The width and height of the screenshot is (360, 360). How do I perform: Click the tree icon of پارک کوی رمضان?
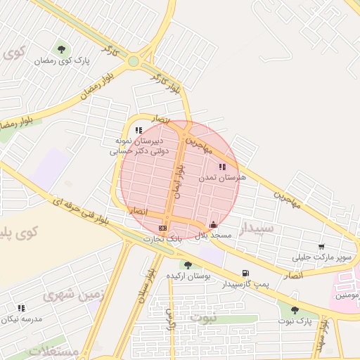coord(62,49)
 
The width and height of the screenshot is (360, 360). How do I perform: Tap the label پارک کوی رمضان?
coord(62,61)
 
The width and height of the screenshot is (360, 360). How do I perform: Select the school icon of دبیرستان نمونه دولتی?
coord(139,130)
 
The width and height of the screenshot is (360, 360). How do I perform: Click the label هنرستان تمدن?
coord(223,179)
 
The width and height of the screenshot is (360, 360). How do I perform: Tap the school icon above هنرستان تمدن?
coord(223,167)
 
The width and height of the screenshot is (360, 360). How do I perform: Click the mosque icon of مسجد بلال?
coord(214,225)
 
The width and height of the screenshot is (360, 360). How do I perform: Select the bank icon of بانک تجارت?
coord(163,228)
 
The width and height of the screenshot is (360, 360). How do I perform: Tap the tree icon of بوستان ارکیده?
coord(188,265)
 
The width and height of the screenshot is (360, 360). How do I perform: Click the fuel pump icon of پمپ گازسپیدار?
coord(245,274)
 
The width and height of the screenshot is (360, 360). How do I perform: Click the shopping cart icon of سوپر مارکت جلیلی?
coord(321,247)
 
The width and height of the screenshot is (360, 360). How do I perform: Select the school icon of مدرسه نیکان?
coord(21,308)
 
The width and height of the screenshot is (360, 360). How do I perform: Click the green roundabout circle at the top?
coord(134,61)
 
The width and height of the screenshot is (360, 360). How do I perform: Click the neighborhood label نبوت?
coord(205,318)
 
